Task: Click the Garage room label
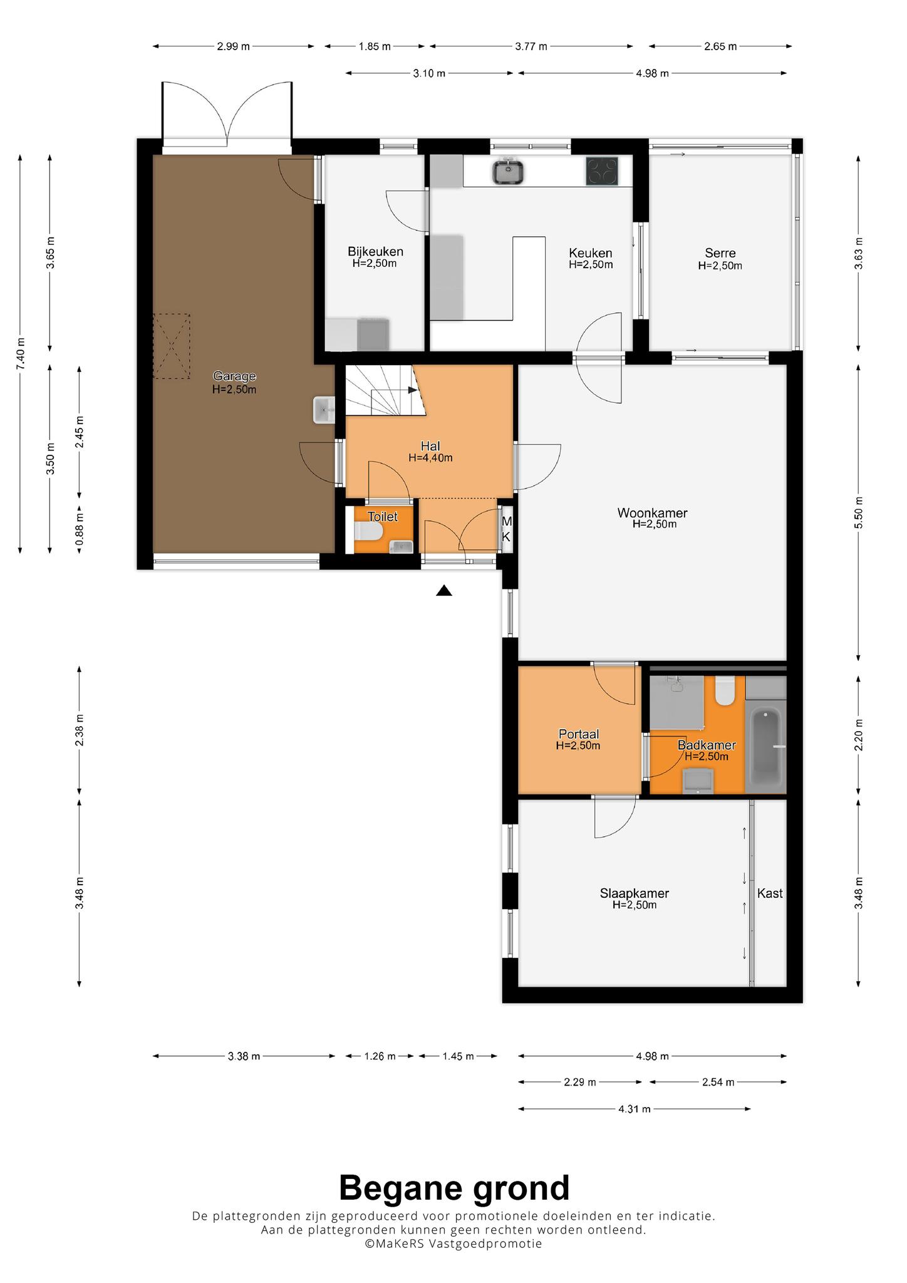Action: tap(234, 377)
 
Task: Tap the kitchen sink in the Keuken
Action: tap(508, 172)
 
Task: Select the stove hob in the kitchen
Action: tap(602, 172)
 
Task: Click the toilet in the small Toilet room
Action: tap(368, 532)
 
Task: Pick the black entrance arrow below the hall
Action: tap(444, 590)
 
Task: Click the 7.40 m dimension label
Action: tap(22, 354)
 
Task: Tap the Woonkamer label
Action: tap(652, 513)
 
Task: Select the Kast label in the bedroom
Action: tap(770, 893)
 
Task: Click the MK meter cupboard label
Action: tap(507, 529)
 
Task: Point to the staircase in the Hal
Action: tap(385, 390)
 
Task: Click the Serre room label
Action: tap(720, 253)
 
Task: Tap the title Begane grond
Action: tap(454, 1188)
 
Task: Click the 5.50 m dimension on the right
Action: tap(859, 512)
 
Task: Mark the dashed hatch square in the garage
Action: tap(172, 346)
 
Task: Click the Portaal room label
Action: tap(579, 734)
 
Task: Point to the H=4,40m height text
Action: tap(430, 458)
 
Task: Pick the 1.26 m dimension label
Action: tap(380, 1056)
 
